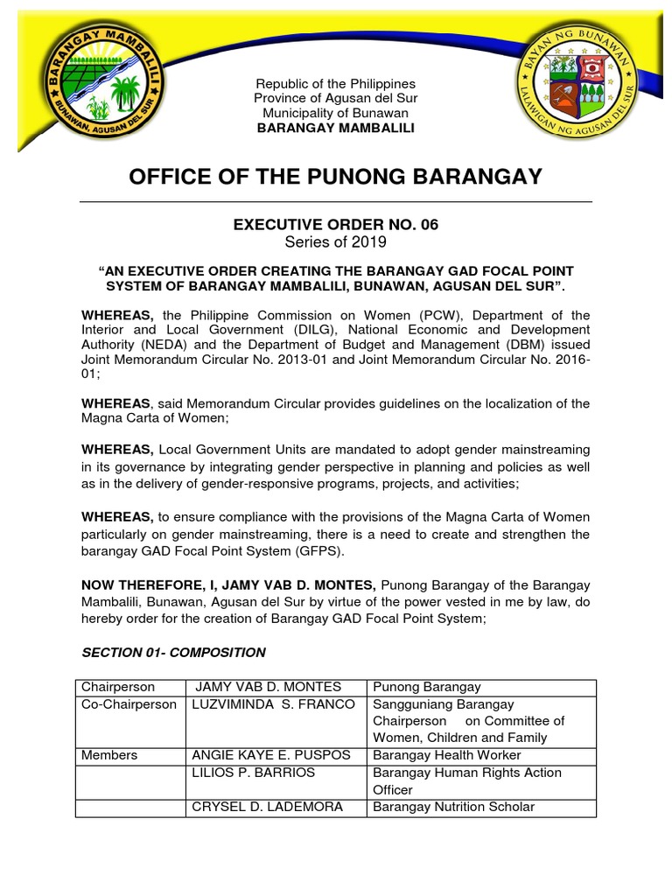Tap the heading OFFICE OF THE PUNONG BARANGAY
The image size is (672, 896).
point(335,177)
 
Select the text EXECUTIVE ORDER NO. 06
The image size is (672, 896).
point(335,225)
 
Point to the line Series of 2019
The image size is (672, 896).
point(335,242)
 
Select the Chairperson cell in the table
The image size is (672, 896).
point(118,688)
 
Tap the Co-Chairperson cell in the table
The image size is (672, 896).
point(129,704)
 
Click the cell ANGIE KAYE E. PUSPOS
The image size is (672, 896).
point(271,755)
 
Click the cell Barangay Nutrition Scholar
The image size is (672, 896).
point(453,807)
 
